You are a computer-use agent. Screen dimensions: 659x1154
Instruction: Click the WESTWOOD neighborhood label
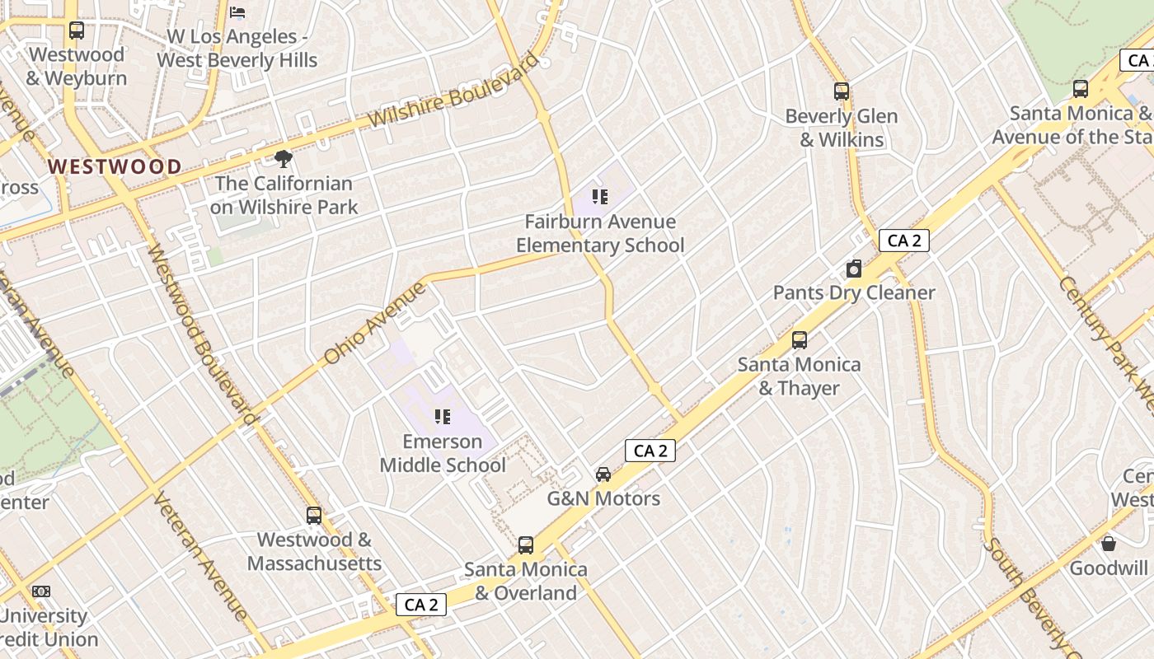click(115, 166)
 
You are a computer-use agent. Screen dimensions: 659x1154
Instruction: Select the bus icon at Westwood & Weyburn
click(77, 30)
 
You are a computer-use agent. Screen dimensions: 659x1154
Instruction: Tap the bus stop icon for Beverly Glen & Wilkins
click(841, 91)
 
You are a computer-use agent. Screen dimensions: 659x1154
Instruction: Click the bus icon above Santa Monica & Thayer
click(799, 339)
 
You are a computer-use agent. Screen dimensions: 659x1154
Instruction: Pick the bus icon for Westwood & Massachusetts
click(314, 516)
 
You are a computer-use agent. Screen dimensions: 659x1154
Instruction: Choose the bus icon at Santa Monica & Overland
click(525, 544)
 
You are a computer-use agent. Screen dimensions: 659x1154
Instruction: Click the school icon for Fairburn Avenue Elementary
click(600, 197)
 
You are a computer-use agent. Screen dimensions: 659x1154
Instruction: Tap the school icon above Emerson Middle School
click(443, 417)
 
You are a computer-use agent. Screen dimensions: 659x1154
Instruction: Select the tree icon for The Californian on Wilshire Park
click(284, 158)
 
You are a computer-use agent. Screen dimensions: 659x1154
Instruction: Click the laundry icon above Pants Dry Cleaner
click(854, 269)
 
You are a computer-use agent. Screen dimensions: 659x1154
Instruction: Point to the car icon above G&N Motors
click(603, 474)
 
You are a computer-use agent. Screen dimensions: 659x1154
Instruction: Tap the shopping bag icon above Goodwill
click(1109, 544)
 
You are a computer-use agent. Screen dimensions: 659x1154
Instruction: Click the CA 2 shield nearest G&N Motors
click(650, 451)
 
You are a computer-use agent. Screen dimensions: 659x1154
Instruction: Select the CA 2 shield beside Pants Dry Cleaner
click(904, 241)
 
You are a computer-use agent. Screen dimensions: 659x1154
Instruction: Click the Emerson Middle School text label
click(443, 453)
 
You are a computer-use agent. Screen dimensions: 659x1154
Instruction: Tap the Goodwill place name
click(1109, 568)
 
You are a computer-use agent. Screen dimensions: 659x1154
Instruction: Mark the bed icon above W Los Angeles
click(237, 12)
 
